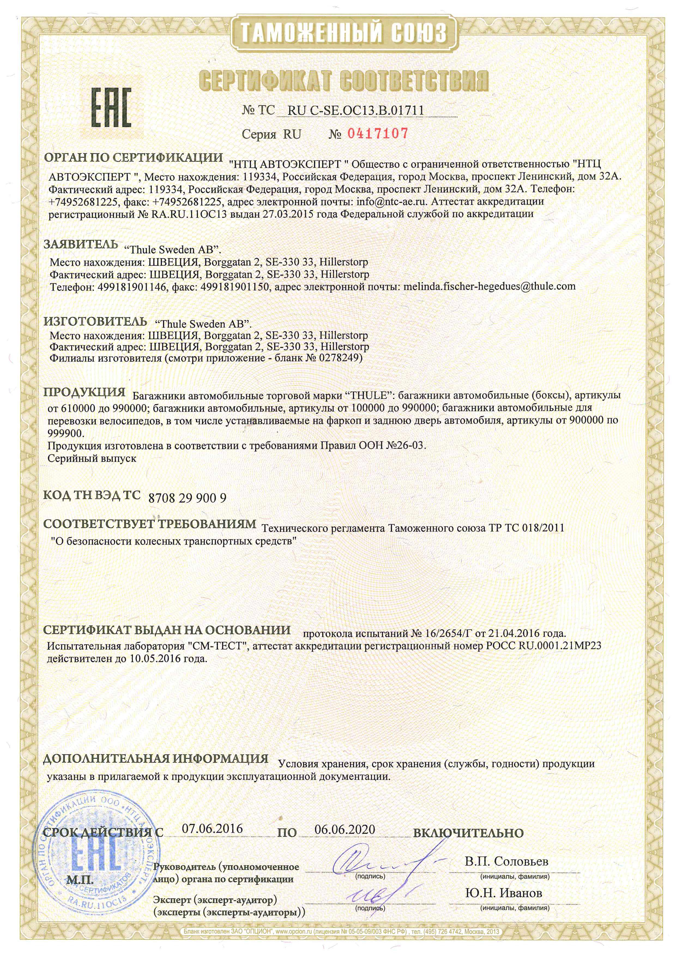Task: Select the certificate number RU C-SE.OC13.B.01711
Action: coord(355,110)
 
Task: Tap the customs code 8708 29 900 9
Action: coord(187,498)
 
